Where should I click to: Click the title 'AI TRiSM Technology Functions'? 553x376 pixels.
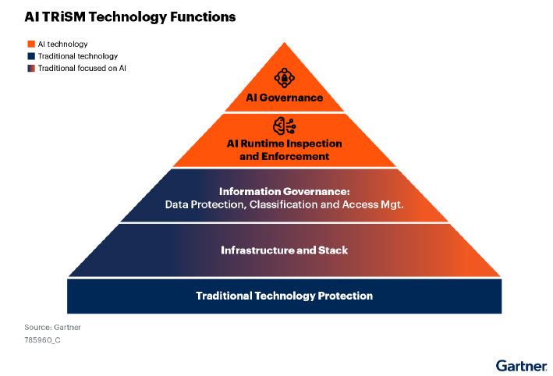click(x=129, y=17)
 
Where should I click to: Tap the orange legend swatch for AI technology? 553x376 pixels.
click(x=31, y=44)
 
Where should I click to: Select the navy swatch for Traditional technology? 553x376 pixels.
click(x=31, y=56)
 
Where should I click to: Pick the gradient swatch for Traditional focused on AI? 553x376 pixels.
click(x=31, y=68)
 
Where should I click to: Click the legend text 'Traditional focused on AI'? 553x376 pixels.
click(x=82, y=68)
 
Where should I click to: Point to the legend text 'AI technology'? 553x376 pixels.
click(x=62, y=44)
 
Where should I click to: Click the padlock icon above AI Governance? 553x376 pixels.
click(x=284, y=77)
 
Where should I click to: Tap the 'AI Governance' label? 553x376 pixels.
click(x=284, y=98)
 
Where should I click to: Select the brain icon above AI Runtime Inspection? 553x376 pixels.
click(x=284, y=126)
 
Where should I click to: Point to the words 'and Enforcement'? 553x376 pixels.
click(x=284, y=156)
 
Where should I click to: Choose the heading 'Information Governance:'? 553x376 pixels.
click(x=284, y=192)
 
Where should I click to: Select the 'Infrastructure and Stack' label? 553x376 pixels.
click(x=284, y=250)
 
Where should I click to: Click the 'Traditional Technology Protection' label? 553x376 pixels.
click(x=284, y=296)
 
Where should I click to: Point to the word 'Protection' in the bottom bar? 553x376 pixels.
click(x=346, y=296)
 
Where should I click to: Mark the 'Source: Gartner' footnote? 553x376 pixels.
click(x=52, y=328)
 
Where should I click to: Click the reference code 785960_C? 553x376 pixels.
click(x=42, y=340)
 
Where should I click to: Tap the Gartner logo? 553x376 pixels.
click(x=521, y=365)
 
